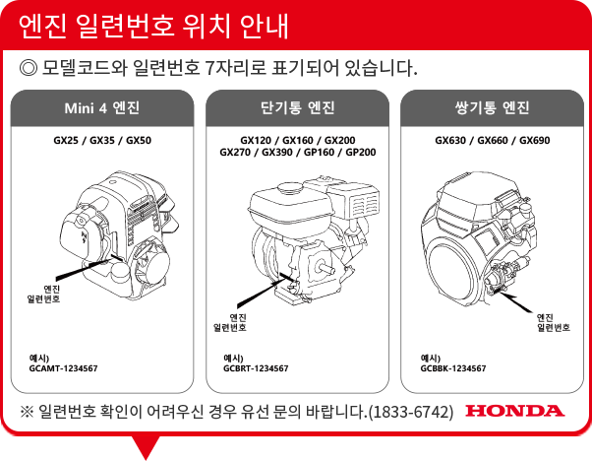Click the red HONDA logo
pos(515,411)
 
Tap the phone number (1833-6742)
pos(410,412)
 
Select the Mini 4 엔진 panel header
pos(102,108)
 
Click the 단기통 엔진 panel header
pos(298,108)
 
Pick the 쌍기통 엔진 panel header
pos(492,108)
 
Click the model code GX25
pos(66,140)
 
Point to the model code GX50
pos(139,140)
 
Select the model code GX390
pos(277,153)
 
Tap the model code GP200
pos(361,153)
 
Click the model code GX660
pos(493,140)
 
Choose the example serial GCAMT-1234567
pos(63,368)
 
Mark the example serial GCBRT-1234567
pos(256,368)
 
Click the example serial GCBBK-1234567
pos(453,368)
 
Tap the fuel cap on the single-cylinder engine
pos(290,187)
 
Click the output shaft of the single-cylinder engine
pos(326,268)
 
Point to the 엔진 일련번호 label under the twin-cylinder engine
pos(554,322)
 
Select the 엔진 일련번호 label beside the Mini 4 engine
pos(43,294)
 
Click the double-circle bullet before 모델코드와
pos(29,68)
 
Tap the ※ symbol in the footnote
pos(27,412)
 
